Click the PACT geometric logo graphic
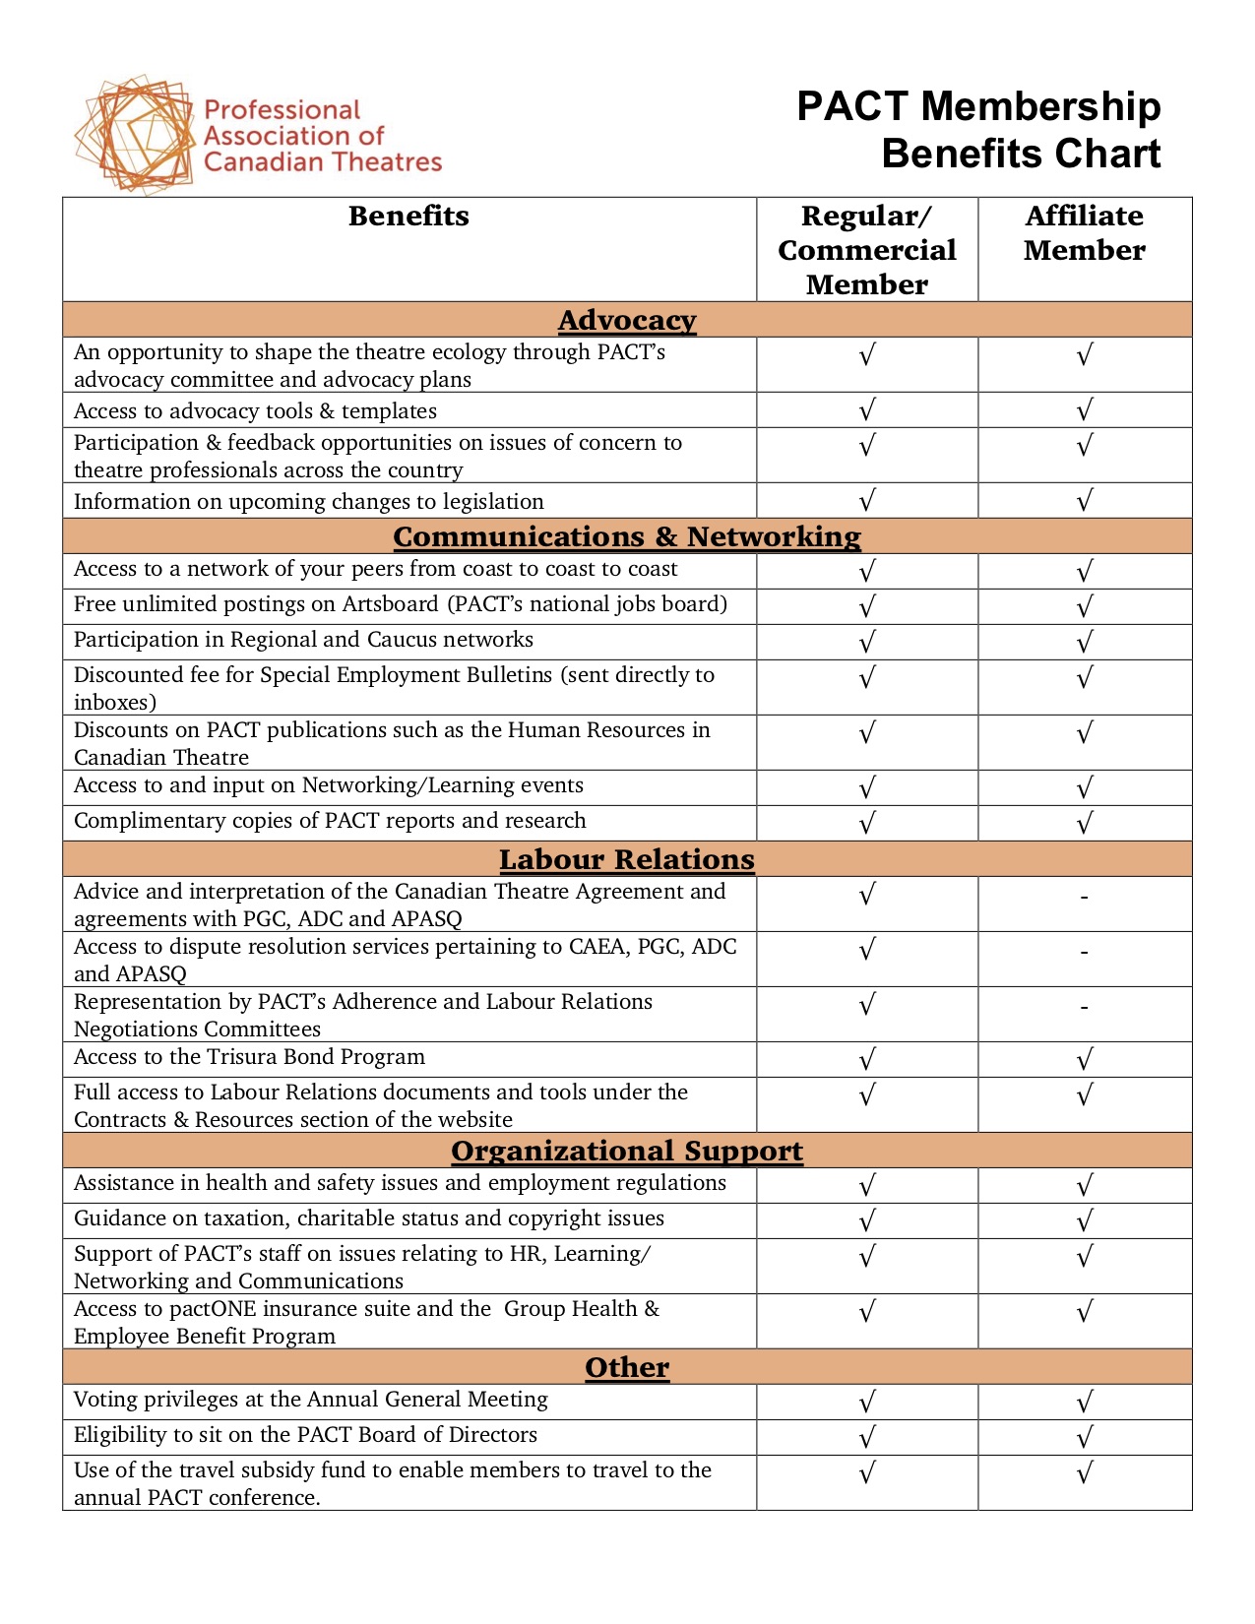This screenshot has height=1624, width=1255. pyautogui.click(x=135, y=135)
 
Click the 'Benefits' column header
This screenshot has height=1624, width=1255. pyautogui.click(x=408, y=217)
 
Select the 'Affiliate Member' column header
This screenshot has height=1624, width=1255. pyautogui.click(x=1084, y=233)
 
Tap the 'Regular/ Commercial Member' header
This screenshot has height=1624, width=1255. pyautogui.click(x=866, y=250)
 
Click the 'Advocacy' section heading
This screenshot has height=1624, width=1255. pyautogui.click(x=627, y=321)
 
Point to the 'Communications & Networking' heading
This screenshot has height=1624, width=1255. pyautogui.click(x=627, y=537)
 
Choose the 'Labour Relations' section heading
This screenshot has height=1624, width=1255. pyautogui.click(x=627, y=860)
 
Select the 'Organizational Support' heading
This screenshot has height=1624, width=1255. pyautogui.click(x=627, y=1152)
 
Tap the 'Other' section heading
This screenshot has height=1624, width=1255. pyautogui.click(x=627, y=1368)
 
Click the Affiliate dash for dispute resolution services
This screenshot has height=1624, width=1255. pyautogui.click(x=1084, y=953)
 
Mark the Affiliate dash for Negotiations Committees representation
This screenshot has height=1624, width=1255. pyautogui.click(x=1084, y=1008)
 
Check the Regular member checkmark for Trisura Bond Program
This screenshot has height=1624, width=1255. pyautogui.click(x=866, y=1060)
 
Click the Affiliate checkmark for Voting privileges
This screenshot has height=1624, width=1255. pyautogui.click(x=1084, y=1403)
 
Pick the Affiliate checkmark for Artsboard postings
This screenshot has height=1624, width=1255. pyautogui.click(x=1084, y=607)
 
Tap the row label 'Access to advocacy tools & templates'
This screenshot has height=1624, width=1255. pyautogui.click(x=255, y=411)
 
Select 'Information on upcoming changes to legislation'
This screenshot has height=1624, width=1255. pyautogui.click(x=308, y=502)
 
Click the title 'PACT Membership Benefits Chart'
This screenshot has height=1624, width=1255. pyautogui.click(x=978, y=130)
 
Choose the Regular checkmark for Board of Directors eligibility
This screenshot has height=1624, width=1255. pyautogui.click(x=866, y=1438)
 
